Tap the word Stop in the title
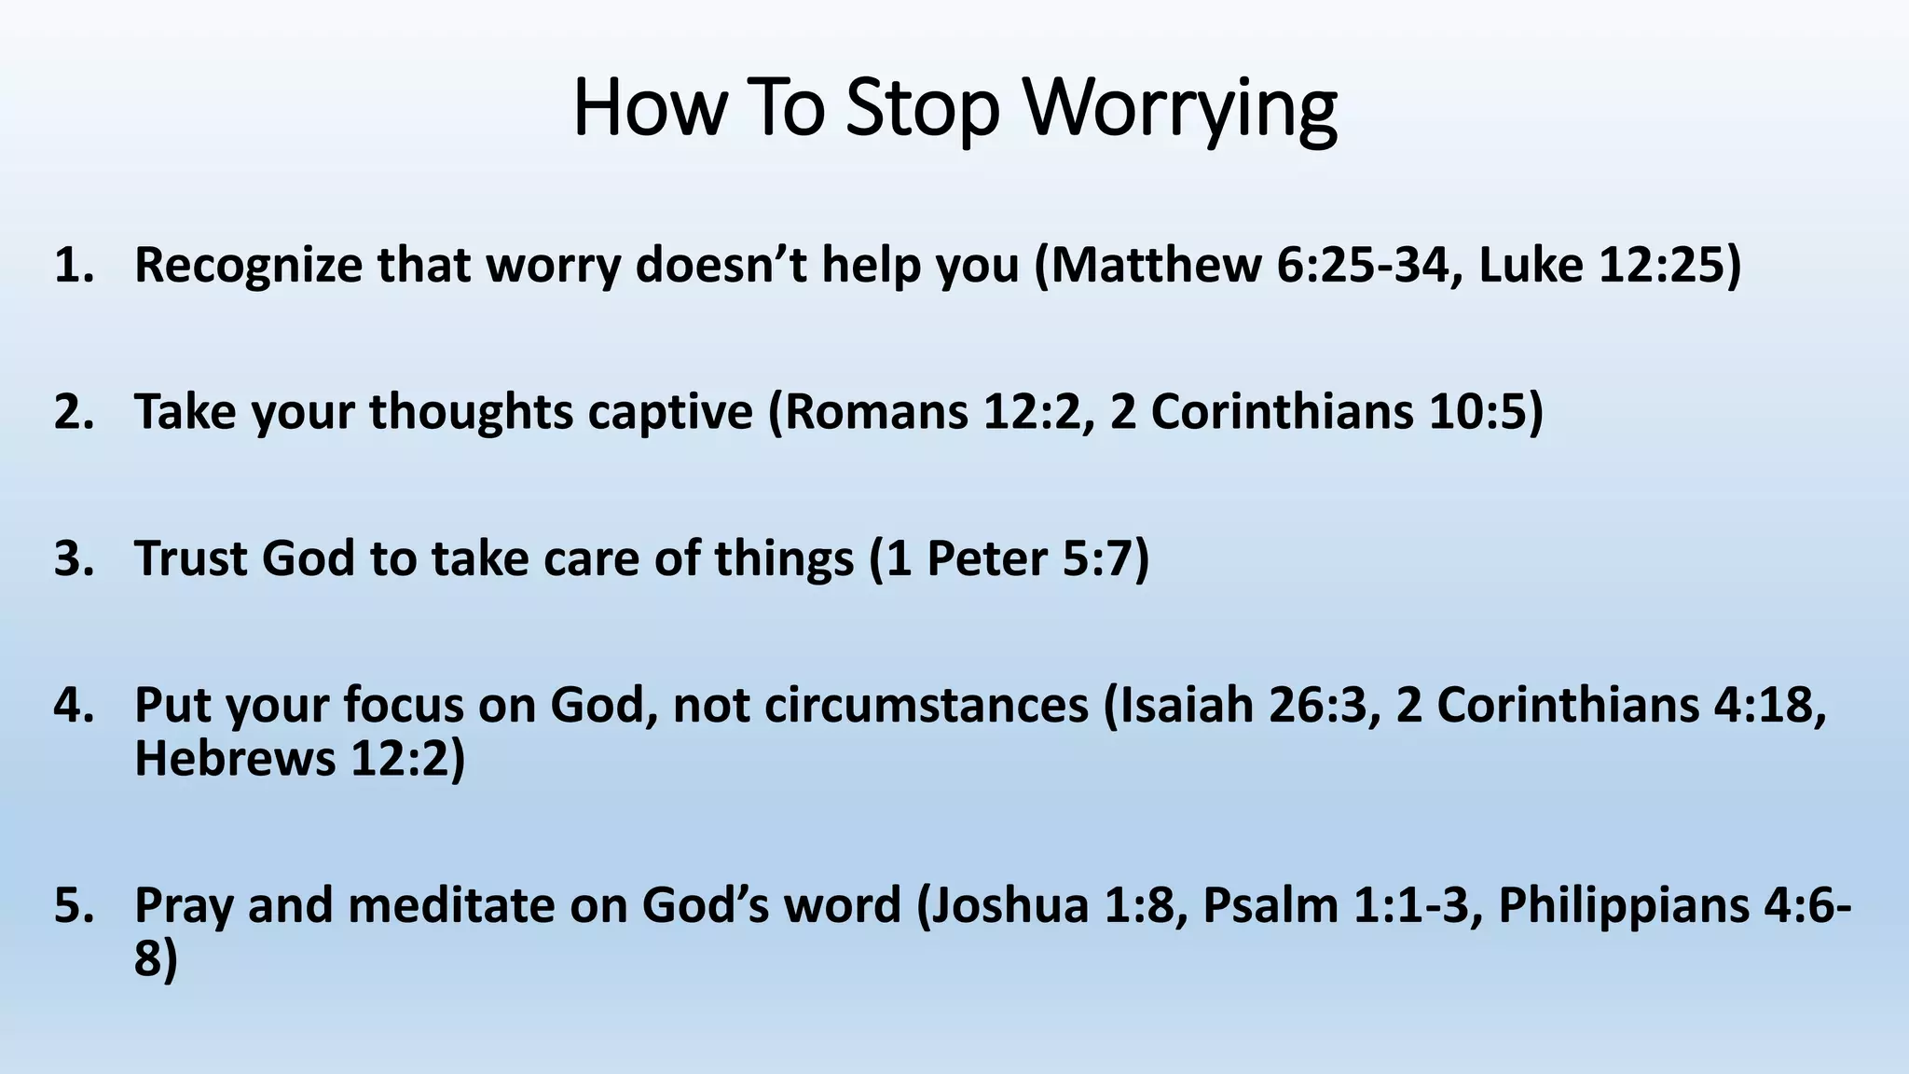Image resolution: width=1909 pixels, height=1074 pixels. [922, 110]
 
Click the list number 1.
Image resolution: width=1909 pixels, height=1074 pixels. [75, 266]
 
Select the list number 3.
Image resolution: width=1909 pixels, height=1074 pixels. [75, 559]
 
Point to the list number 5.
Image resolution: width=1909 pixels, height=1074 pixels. [75, 906]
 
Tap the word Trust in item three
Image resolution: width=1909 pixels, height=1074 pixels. [191, 559]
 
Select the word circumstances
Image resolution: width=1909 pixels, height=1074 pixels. [927, 706]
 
